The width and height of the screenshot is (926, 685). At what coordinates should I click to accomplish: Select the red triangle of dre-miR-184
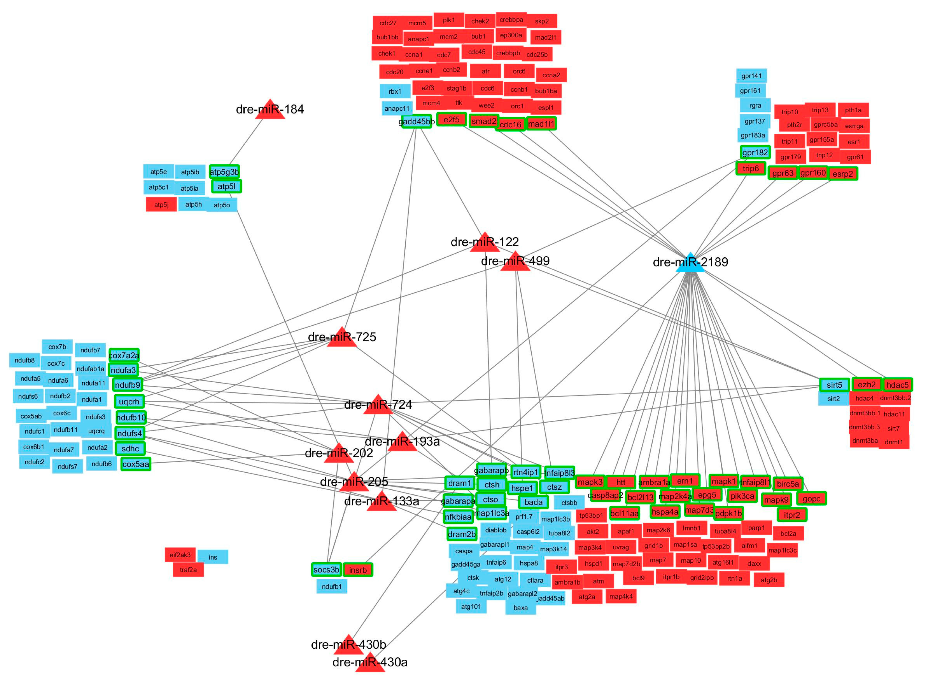point(270,111)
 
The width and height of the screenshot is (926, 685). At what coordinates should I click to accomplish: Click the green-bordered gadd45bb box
point(417,121)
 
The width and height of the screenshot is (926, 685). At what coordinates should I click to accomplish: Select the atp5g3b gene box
point(224,172)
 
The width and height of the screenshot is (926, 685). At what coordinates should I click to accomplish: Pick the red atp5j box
point(161,204)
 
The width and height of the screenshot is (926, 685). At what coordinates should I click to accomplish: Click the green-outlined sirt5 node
point(834,385)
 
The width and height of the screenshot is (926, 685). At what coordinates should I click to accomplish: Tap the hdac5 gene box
point(897,385)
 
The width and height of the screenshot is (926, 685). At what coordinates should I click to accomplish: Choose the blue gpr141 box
point(751,76)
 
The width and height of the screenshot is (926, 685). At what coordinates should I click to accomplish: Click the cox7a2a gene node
point(124,355)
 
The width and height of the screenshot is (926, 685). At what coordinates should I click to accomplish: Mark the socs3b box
point(326,570)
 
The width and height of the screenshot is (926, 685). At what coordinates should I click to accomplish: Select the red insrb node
point(358,570)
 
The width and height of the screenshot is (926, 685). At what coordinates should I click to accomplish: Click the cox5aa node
point(136,464)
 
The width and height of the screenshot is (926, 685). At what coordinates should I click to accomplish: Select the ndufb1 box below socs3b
point(332,586)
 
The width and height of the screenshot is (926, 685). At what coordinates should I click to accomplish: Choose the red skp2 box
point(541,21)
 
